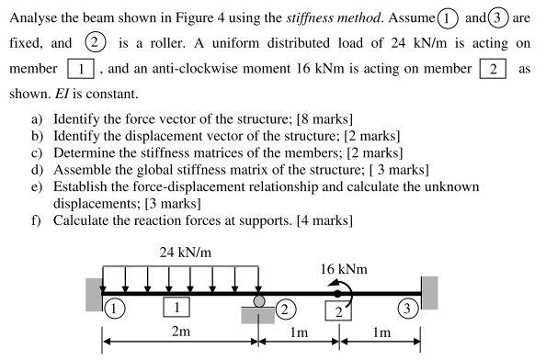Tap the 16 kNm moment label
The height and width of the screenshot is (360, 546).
343,269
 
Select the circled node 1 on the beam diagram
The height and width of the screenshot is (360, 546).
112,309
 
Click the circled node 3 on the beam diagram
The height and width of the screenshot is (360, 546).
404,309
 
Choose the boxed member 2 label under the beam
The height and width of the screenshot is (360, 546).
337,312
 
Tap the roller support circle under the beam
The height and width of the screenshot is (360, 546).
259,301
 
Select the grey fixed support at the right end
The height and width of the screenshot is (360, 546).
429,293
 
